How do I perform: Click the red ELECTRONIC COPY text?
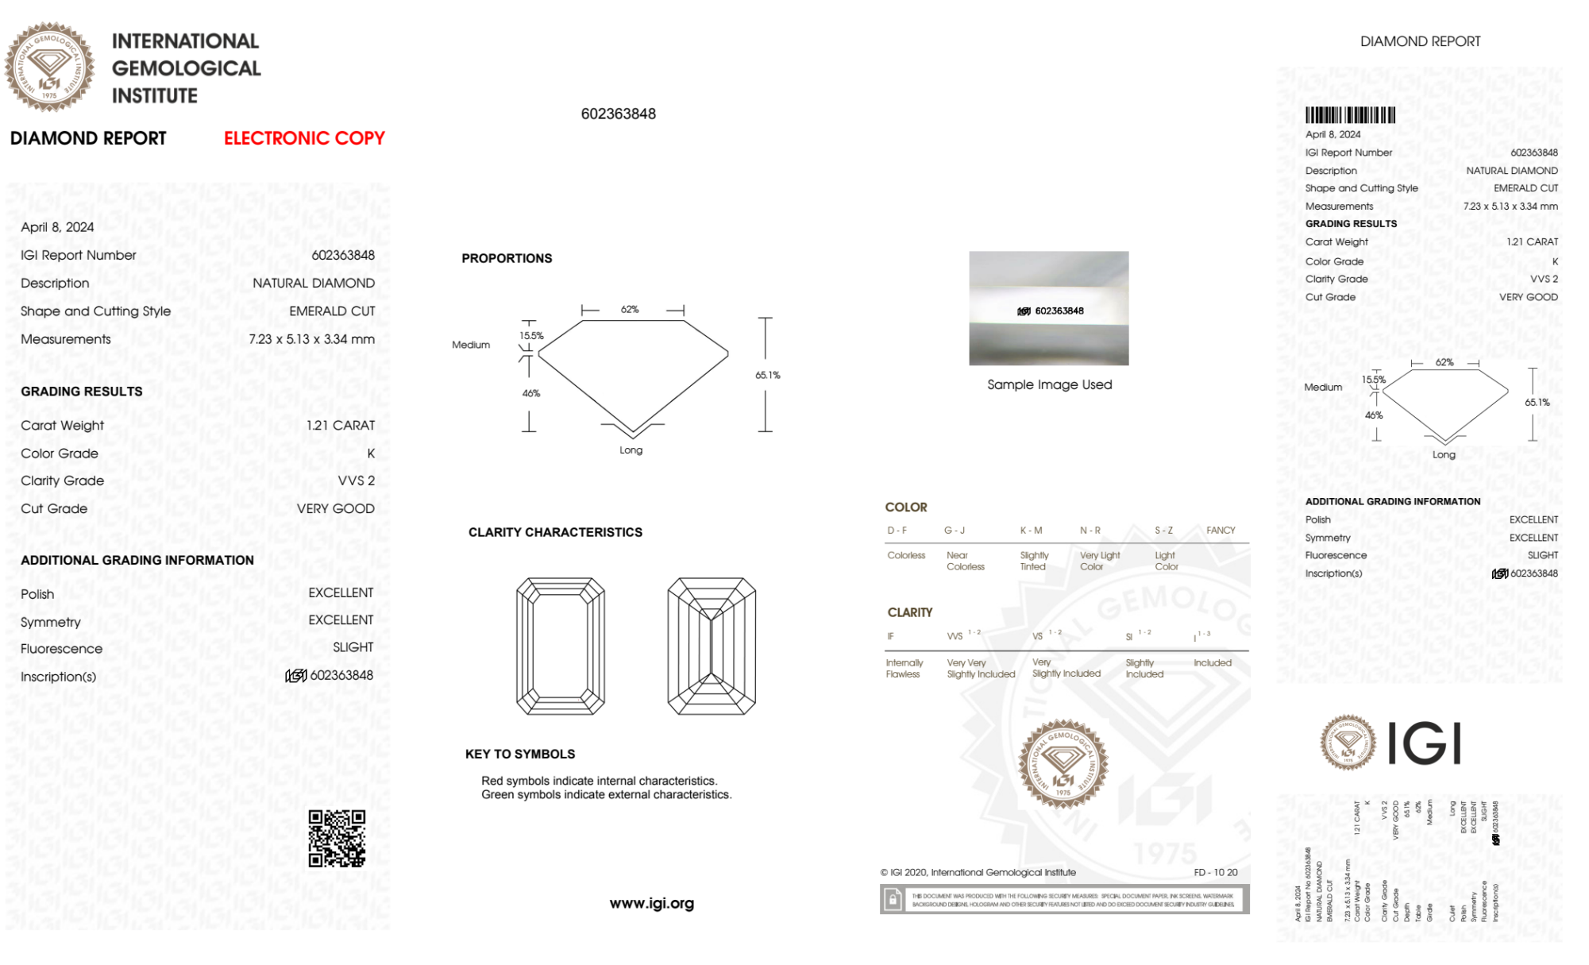(x=304, y=138)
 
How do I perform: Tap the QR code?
(x=337, y=839)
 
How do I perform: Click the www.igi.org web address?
(x=651, y=903)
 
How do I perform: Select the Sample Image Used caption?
(x=1049, y=384)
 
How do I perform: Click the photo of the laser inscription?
(x=1048, y=308)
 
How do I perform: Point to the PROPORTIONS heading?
(x=507, y=258)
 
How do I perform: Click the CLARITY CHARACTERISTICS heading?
(x=555, y=532)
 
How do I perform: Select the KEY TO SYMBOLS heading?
(x=520, y=754)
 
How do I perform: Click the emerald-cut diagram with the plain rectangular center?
(x=561, y=646)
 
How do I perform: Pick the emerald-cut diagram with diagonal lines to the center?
(x=712, y=646)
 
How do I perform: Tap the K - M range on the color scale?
(x=1031, y=531)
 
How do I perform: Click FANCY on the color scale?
(x=1221, y=531)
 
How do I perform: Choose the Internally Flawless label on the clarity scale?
(x=904, y=668)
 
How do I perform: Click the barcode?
(x=1350, y=115)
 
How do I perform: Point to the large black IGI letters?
(x=1425, y=743)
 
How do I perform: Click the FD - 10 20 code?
(x=1215, y=872)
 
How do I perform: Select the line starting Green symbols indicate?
(x=606, y=795)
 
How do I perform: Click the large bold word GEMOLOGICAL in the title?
(x=186, y=68)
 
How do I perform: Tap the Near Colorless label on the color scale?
(x=965, y=561)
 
